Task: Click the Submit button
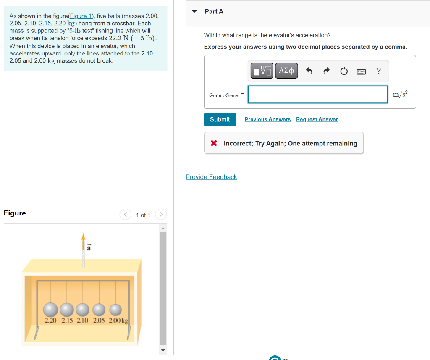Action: (220, 119)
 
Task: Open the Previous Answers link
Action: (267, 119)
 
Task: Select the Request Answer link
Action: (317, 119)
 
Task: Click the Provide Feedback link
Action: (211, 177)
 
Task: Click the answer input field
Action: (318, 95)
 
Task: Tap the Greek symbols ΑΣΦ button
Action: (286, 71)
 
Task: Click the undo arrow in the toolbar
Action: (309, 71)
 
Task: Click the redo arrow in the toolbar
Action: (326, 71)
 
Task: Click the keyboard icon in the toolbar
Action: (361, 71)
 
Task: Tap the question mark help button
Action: (379, 71)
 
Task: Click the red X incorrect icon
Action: (214, 143)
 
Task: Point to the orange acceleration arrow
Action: (83, 240)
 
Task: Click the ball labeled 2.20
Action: (50, 310)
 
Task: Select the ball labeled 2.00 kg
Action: (115, 310)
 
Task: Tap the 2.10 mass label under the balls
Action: (82, 321)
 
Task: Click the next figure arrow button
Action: (161, 215)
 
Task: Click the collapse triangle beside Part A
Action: (194, 11)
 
